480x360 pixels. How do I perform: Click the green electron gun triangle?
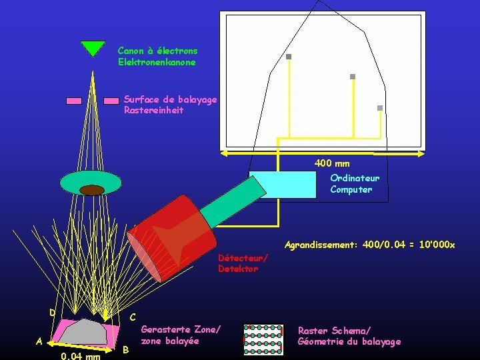click(93, 48)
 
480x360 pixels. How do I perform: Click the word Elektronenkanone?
click(157, 62)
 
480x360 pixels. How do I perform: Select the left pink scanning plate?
click(74, 101)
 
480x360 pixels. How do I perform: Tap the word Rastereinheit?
click(153, 110)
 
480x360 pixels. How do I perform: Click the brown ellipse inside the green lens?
click(92, 190)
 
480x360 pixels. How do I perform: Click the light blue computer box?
click(283, 185)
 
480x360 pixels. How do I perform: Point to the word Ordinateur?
click(355, 178)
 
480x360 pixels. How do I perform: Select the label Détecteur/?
click(243, 258)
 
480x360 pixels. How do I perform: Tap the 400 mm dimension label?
click(332, 163)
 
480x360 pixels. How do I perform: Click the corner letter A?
click(39, 341)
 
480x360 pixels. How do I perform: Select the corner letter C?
click(133, 317)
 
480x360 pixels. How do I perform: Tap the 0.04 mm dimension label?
click(80, 356)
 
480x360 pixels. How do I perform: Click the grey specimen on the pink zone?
click(87, 331)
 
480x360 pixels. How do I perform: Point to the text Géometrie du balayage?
click(349, 341)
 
